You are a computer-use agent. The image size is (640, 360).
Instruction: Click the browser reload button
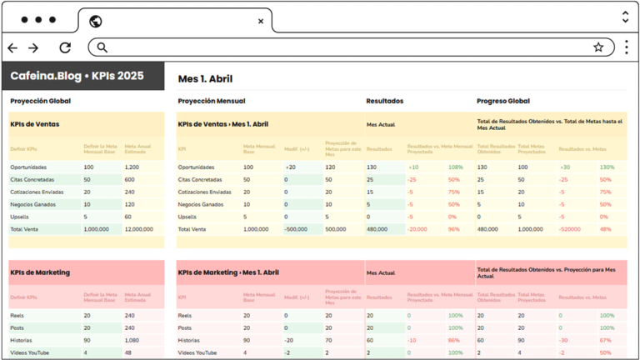(65, 47)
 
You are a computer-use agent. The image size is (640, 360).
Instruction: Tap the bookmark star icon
(598, 47)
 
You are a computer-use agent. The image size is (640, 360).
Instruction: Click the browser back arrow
(12, 47)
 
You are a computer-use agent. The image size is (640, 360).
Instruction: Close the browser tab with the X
(261, 21)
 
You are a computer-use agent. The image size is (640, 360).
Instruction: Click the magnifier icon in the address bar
(102, 47)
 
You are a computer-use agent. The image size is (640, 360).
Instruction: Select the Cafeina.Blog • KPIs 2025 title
(77, 76)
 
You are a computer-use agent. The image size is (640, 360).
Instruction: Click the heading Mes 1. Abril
(204, 79)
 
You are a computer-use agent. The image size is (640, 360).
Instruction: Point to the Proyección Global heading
(40, 101)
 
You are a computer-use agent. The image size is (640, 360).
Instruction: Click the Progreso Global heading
(503, 101)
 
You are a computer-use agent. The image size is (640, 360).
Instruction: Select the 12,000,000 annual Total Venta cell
(138, 228)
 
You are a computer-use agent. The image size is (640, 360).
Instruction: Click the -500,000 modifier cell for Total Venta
(297, 228)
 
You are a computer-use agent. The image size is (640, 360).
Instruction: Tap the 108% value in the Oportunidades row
(455, 167)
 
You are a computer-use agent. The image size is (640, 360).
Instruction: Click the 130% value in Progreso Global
(607, 167)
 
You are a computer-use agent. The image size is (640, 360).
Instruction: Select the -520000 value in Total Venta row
(571, 228)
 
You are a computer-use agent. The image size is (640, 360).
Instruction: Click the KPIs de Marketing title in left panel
(40, 272)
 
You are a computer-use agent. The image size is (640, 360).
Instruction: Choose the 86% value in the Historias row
(454, 340)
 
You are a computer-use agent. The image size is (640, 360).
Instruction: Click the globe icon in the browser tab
(95, 21)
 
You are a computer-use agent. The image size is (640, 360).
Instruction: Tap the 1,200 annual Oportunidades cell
(132, 167)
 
